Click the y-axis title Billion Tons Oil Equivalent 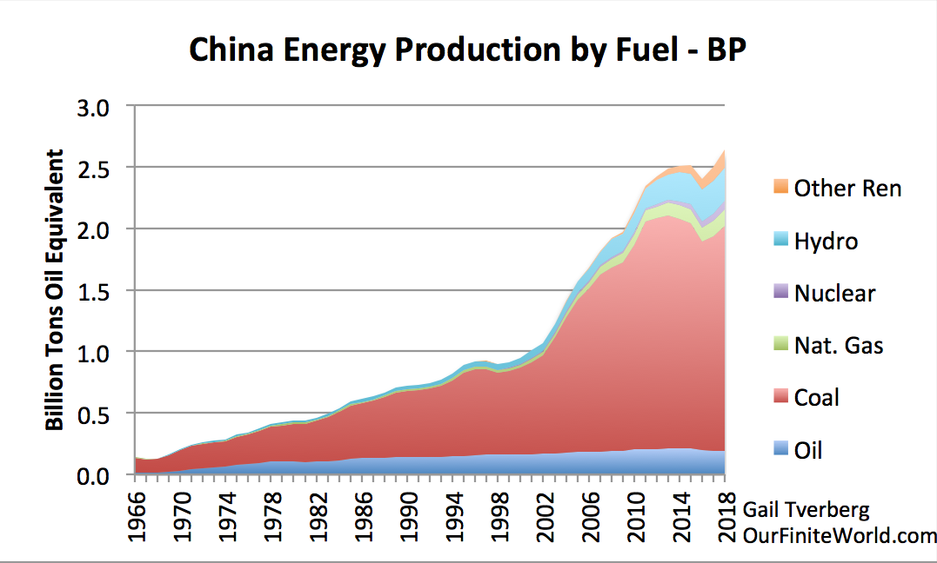(55, 290)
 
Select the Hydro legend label (826, 241)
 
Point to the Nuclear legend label (834, 293)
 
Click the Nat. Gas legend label (839, 345)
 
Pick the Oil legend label (808, 449)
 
